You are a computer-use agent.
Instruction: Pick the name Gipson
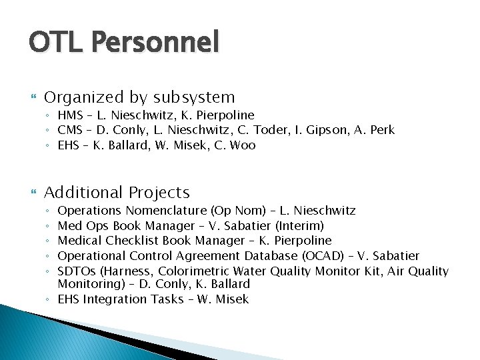pos(318,130)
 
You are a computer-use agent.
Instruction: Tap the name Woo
pos(243,145)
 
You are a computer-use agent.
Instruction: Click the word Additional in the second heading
pos(83,193)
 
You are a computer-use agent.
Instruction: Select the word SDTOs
pos(76,271)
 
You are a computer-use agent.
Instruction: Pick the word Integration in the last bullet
pos(115,299)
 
